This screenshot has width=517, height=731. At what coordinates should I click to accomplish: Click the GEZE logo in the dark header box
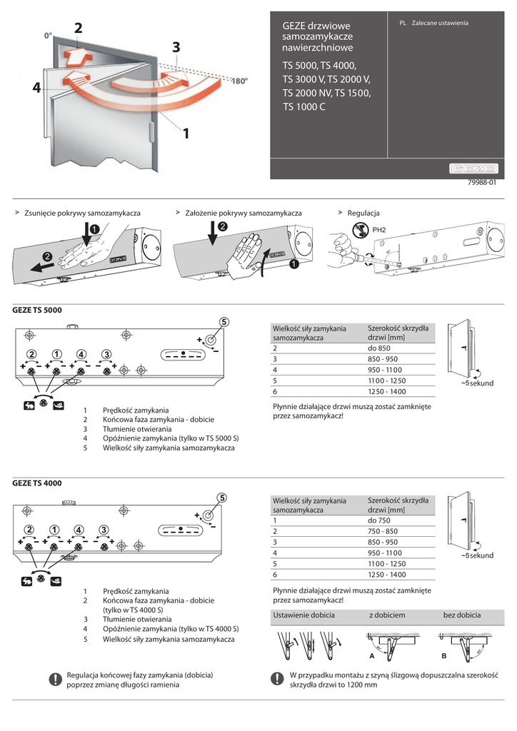(x=473, y=169)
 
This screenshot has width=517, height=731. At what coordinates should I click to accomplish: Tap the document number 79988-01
(x=481, y=183)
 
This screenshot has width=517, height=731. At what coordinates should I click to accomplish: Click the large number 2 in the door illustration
(x=77, y=29)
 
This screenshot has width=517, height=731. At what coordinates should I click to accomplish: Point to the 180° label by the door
(x=239, y=81)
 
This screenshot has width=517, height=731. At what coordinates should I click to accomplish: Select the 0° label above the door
(x=48, y=34)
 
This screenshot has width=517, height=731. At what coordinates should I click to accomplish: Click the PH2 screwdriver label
(x=378, y=230)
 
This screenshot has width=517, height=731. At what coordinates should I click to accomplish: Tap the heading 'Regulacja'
(x=363, y=213)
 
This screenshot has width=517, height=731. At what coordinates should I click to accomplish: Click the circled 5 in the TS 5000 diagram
(x=224, y=322)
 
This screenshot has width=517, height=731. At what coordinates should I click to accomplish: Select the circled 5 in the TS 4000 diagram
(x=222, y=498)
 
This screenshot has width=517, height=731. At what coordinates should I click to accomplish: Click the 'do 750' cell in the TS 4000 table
(x=378, y=520)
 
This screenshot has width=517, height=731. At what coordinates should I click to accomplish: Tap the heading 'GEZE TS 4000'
(x=37, y=483)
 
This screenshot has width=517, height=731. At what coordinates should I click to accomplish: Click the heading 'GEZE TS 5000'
(x=37, y=310)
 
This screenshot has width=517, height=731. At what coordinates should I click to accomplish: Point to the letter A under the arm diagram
(x=371, y=655)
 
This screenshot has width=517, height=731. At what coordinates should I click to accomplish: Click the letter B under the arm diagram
(x=443, y=655)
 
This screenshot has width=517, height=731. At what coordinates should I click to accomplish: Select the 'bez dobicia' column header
(x=462, y=615)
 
